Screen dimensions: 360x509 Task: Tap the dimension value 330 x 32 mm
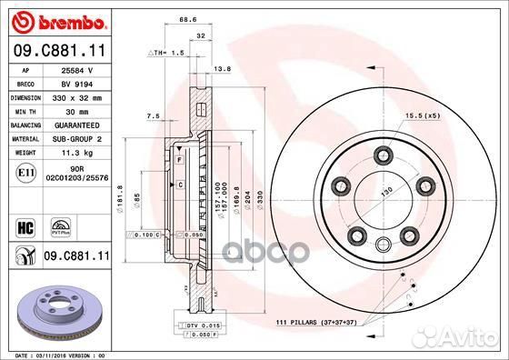pyautogui.click(x=76, y=95)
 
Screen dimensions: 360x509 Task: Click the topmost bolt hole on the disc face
pyautogui.click(x=384, y=152)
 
